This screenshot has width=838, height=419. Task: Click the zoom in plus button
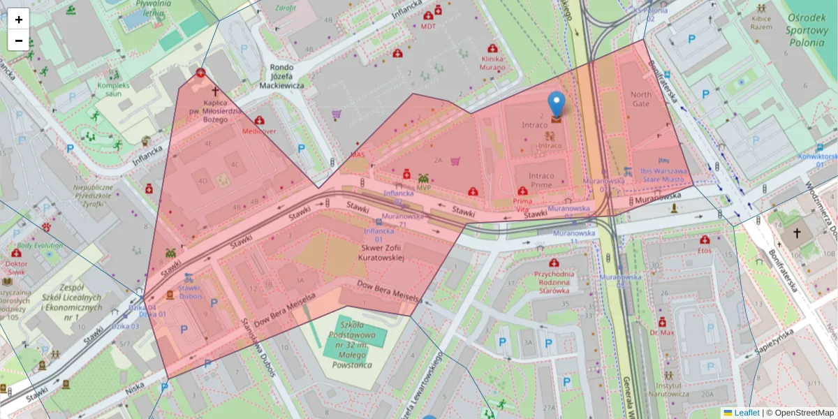click(x=19, y=20)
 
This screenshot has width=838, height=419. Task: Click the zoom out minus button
click(x=19, y=41)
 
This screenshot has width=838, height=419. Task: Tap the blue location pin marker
click(x=557, y=105)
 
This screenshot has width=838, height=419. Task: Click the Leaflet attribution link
click(x=747, y=413)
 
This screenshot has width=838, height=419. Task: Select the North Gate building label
click(x=640, y=99)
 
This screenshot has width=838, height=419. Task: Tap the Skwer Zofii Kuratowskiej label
click(x=382, y=252)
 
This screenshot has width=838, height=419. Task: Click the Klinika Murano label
click(x=492, y=64)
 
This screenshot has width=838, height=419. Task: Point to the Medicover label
click(x=259, y=131)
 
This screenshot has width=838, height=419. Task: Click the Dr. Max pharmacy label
click(x=662, y=332)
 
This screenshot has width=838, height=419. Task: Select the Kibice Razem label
click(x=761, y=22)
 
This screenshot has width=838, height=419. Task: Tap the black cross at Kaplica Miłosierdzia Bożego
click(x=215, y=91)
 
